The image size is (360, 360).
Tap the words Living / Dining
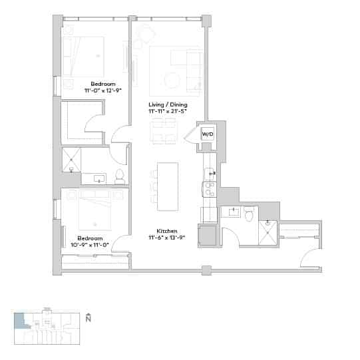click(x=168, y=104)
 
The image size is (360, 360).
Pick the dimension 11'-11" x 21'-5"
click(x=168, y=112)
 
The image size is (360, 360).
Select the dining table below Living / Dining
click(x=162, y=131)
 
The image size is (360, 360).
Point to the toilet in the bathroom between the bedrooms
click(x=120, y=176)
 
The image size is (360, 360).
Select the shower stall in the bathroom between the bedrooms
click(x=71, y=160)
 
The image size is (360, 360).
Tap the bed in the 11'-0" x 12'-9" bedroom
click(x=85, y=57)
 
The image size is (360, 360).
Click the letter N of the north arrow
click(x=88, y=319)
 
